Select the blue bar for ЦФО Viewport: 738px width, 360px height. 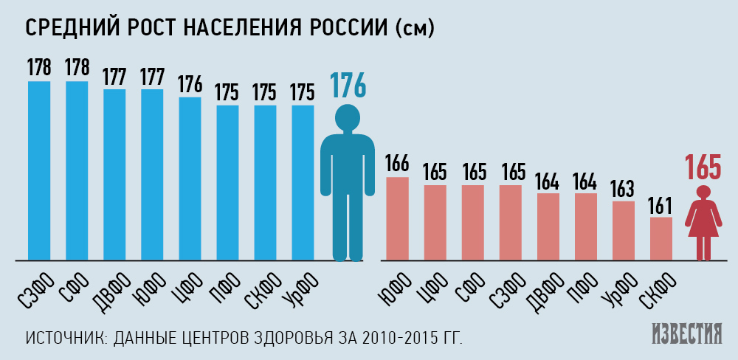point(190,178)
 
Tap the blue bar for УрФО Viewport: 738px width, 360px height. point(303,182)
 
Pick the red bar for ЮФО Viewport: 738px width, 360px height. point(397,218)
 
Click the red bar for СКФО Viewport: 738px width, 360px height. point(661,238)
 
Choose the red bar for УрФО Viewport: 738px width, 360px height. point(623,230)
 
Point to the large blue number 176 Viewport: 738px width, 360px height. point(348,86)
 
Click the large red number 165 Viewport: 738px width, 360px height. point(703,167)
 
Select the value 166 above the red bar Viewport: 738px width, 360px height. point(397,165)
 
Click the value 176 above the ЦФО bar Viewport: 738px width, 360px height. point(190,84)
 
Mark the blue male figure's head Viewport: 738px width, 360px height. point(347,117)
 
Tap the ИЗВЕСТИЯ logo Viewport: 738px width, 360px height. point(687,334)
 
